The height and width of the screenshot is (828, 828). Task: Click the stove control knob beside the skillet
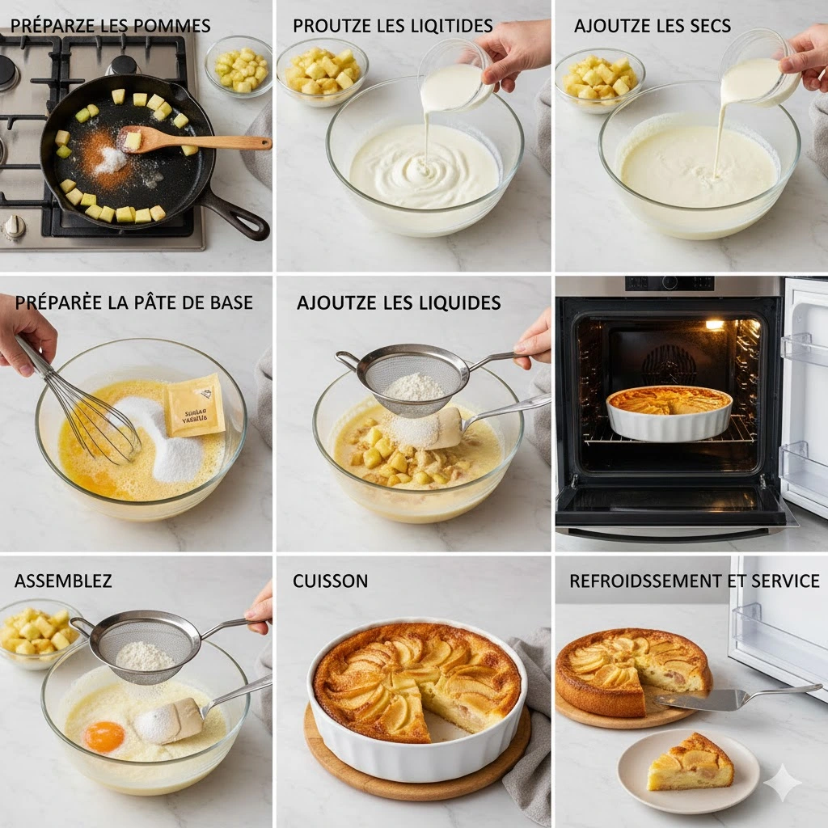pyautogui.click(x=14, y=227)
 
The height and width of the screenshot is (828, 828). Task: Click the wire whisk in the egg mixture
pyautogui.click(x=89, y=412)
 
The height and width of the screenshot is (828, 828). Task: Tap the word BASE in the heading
pyautogui.click(x=230, y=302)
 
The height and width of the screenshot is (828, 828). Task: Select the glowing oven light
pyautogui.click(x=714, y=324)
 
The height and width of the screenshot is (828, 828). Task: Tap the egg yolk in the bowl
pyautogui.click(x=105, y=735)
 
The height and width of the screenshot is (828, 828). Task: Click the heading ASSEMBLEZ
pyautogui.click(x=63, y=581)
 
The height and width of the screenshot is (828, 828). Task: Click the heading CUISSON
pyautogui.click(x=330, y=581)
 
